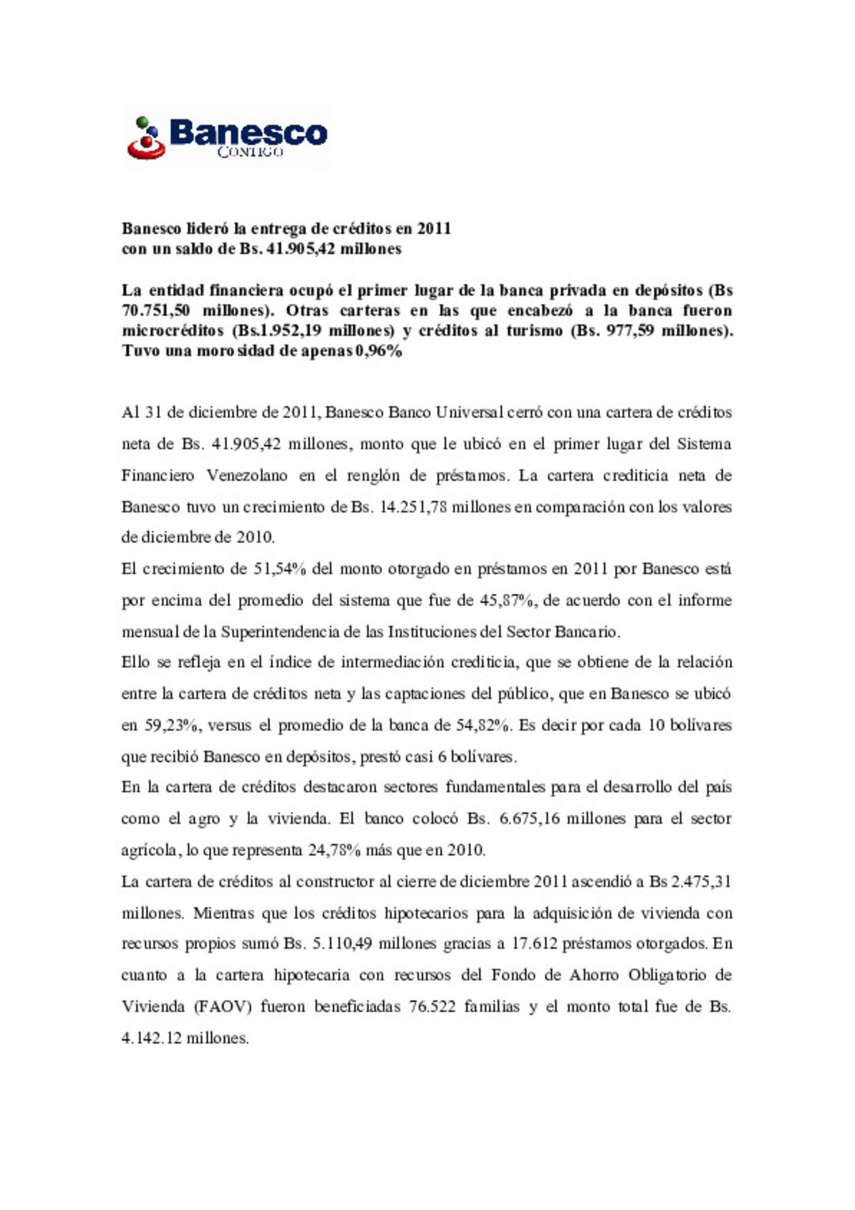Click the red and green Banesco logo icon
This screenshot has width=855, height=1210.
pos(146,138)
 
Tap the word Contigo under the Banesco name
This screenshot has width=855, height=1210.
pos(250,151)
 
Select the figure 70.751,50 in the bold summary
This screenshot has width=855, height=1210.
pos(156,310)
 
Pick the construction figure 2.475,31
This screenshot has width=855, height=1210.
pos(702,881)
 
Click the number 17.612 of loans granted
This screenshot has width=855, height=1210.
pos(533,944)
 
